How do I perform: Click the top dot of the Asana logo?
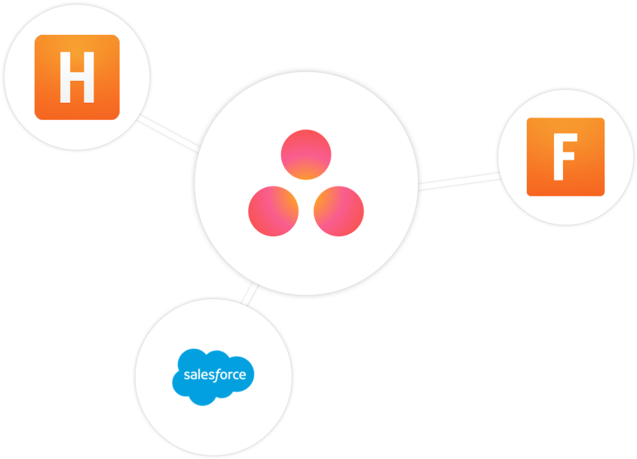(x=306, y=154)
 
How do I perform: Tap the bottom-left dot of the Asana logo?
(x=273, y=211)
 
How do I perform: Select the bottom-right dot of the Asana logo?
(x=338, y=211)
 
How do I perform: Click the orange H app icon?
(x=77, y=77)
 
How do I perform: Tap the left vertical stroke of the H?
(x=65, y=77)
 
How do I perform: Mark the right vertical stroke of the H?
(x=89, y=77)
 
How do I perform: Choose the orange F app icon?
(x=565, y=157)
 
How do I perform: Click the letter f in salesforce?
(x=216, y=374)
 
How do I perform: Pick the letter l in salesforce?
(x=198, y=374)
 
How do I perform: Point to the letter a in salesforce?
(x=193, y=376)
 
